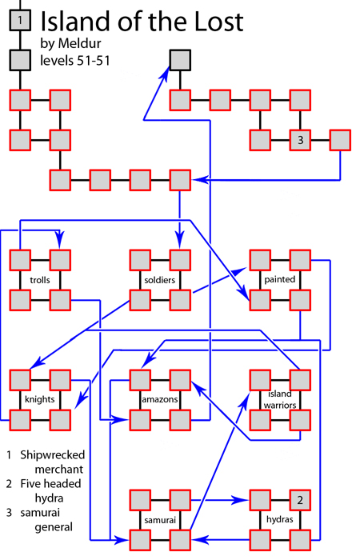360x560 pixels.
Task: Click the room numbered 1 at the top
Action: [x=20, y=19]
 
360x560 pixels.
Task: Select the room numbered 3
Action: [x=300, y=140]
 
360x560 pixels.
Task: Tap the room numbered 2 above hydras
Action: [x=300, y=500]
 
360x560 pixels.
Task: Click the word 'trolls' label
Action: [x=40, y=281]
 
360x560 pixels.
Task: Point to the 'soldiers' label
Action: [x=160, y=281]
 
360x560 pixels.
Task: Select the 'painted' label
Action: [x=280, y=280]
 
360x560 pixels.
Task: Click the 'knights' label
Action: [x=38, y=399]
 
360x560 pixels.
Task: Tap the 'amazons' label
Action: [x=159, y=399]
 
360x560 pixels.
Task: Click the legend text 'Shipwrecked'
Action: [x=52, y=454]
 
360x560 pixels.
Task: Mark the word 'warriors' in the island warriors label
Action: [x=280, y=406]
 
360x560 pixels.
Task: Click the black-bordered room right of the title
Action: [x=180, y=60]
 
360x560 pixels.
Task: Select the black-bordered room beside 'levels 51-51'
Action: [x=20, y=60]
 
